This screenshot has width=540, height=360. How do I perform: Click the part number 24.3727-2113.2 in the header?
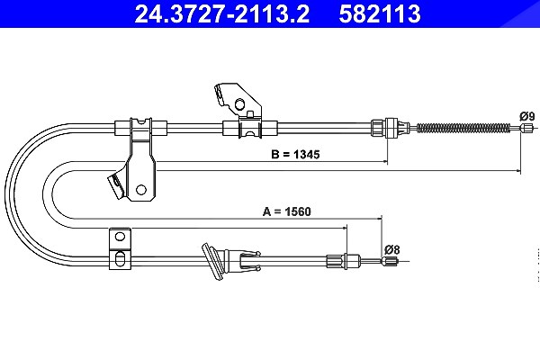coord(221,14)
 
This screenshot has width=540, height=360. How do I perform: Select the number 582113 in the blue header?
coord(380,14)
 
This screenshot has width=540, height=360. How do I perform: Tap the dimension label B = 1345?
coord(295,154)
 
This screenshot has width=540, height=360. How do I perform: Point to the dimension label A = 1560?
coord(286,211)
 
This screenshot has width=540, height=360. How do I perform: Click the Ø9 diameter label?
coord(526,116)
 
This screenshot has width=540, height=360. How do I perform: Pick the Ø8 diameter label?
coord(391,249)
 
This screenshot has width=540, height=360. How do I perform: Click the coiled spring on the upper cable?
coord(463,128)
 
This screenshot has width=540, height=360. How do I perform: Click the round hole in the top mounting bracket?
coord(239,103)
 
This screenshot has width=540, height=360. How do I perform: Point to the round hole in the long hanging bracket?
coord(141,189)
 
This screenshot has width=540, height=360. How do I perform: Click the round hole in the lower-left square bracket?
coord(120,237)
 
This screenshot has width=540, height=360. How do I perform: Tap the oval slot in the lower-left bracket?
coord(120,259)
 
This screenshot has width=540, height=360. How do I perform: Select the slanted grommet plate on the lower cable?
coord(213,263)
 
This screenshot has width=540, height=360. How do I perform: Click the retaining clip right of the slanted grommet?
coord(249,260)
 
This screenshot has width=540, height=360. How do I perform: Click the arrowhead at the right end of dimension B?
coord(385,161)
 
